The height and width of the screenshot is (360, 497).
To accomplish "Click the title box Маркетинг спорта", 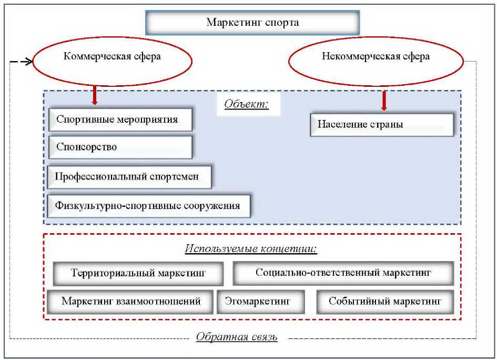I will coord(252,23).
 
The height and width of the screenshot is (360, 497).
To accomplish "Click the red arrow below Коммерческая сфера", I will coord(95,95).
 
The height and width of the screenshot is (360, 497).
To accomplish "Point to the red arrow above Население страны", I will coord(384,100).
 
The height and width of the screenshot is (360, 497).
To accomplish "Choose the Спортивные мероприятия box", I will coord(120,119).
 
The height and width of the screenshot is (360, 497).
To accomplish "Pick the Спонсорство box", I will coord(120,147).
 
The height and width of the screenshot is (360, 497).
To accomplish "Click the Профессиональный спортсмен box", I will coord(129,177).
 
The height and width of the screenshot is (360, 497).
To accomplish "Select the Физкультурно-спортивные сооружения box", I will coord(149,206).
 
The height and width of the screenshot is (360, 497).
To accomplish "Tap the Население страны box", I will coord(381,125).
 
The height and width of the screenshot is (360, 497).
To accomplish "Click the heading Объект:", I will coord(246,104).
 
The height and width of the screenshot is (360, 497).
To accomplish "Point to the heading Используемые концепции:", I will coord(251,248).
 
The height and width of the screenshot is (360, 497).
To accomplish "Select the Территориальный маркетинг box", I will coord(138,273).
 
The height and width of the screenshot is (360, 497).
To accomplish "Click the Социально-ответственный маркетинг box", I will coord(343,273).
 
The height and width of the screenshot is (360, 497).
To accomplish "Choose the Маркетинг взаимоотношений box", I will coord(131,302).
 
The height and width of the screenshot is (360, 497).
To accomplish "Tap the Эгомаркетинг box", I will coord(257,302).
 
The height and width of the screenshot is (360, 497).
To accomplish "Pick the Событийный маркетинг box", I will coord(384,302).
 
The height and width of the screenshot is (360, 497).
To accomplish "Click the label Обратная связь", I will coord(236,337).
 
